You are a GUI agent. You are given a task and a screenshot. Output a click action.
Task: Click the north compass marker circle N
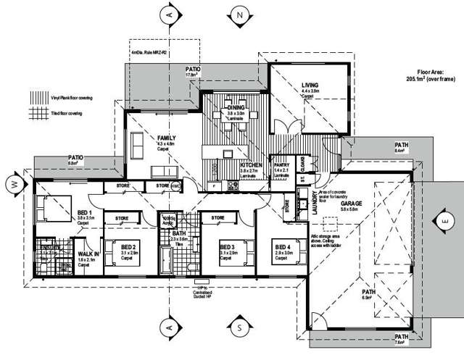239,14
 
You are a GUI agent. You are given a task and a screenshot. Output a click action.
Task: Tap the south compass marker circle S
238,327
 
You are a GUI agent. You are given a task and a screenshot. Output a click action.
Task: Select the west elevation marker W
14,184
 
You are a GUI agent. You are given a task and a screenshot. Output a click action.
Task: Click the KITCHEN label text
250,165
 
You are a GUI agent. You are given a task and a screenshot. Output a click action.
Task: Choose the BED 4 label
283,248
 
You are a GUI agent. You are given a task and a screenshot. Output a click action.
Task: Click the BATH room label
179,234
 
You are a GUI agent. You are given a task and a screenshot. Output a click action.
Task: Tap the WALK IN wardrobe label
88,254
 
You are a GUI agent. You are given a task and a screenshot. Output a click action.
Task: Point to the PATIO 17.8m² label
192,69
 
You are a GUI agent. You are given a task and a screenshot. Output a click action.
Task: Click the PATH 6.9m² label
370,293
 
